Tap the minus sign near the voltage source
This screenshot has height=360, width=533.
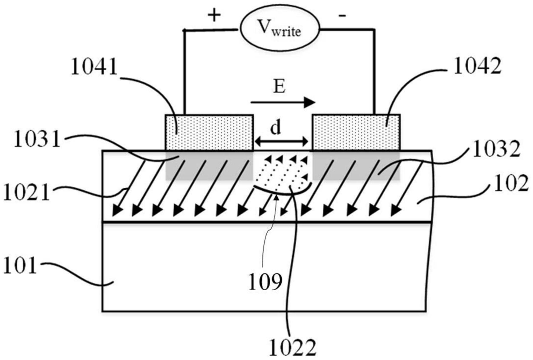(x=342, y=15)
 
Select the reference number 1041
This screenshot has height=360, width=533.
(x=94, y=66)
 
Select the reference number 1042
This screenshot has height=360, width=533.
(x=477, y=66)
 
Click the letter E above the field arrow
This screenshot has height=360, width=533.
(x=279, y=87)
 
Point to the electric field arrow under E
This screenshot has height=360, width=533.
(x=283, y=102)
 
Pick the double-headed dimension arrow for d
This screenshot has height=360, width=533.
(x=281, y=142)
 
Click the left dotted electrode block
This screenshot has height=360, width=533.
(x=209, y=133)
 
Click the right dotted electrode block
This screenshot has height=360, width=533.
(x=356, y=133)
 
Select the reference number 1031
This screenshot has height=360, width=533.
(x=37, y=140)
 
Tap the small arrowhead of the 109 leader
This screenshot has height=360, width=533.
(x=276, y=198)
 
